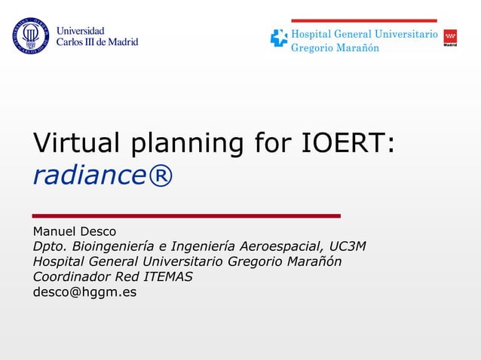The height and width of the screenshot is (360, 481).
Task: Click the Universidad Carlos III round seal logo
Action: (x=29, y=36)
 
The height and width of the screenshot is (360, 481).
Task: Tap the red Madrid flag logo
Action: (x=450, y=38)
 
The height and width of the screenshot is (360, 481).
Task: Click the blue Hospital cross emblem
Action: (x=279, y=38)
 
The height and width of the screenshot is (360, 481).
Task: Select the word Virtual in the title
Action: (x=77, y=143)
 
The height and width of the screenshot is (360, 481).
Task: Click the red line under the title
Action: (x=186, y=216)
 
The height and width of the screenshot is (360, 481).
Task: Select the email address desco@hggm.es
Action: (x=84, y=292)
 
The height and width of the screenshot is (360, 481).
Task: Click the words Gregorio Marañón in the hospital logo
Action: (x=335, y=48)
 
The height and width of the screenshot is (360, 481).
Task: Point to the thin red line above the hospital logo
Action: (x=363, y=20)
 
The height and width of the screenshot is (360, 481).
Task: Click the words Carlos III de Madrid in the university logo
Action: (x=97, y=42)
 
